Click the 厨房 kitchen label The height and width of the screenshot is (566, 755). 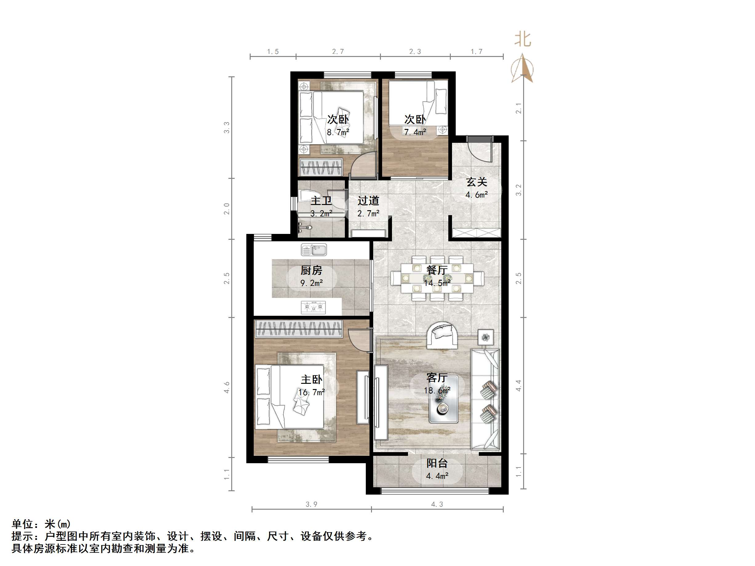pos(311,271)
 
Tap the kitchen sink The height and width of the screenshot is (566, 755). pos(314,250)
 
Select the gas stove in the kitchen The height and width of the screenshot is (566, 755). pos(313,307)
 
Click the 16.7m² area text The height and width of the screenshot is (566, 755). pos(311,393)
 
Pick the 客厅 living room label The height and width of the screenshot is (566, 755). pos(437,378)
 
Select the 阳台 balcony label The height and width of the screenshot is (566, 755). pos(437,463)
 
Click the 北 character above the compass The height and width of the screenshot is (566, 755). pos(523,39)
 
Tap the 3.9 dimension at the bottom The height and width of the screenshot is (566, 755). pos(311,504)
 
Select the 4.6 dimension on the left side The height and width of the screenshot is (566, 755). pos(227,387)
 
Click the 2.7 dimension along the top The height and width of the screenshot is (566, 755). pos(338,51)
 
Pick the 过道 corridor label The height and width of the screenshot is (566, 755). pos(368,201)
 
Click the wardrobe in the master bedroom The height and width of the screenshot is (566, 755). pos(299,329)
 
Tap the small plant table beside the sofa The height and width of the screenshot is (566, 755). pos(485,338)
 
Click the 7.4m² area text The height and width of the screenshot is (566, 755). pos(415,132)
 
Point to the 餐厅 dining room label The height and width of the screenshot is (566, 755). pos(437,270)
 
